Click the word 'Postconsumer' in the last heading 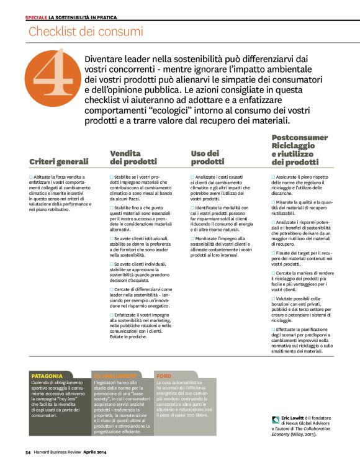coord(300,137)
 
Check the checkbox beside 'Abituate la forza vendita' coord(31,177)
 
